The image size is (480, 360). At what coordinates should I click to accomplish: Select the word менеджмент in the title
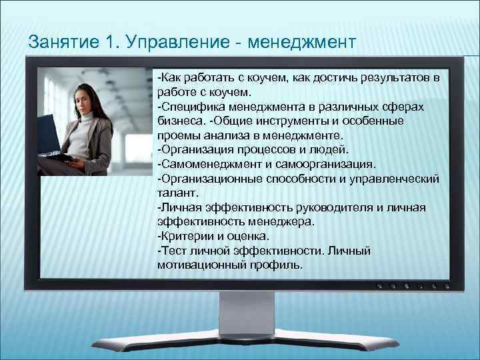[x=302, y=42]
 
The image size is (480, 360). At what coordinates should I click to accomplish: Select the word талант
[x=175, y=194]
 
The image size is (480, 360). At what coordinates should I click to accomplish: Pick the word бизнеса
[x=179, y=121]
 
